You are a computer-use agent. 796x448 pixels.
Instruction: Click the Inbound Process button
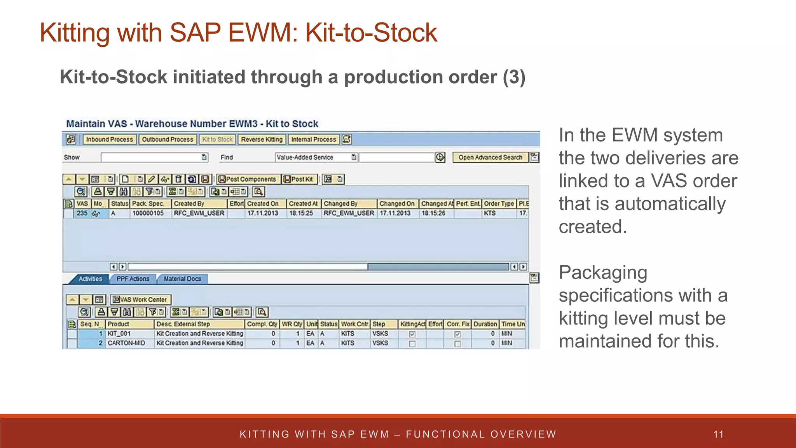coord(109,140)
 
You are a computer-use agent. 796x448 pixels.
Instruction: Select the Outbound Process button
coord(167,140)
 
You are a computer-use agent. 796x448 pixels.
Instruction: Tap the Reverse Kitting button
coord(262,140)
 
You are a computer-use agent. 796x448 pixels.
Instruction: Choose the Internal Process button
coord(313,140)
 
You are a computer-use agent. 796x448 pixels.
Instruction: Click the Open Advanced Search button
coord(490,157)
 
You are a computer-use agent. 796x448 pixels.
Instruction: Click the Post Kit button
coord(299,179)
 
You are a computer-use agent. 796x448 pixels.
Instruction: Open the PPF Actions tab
coord(133,279)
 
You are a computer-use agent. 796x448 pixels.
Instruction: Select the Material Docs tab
coord(182,279)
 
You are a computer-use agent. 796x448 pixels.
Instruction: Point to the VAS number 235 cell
coord(82,213)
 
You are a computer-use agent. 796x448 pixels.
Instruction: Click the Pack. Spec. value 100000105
coord(148,213)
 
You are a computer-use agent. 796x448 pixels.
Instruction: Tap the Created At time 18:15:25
coord(301,213)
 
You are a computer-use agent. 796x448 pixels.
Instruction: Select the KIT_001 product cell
coord(119,334)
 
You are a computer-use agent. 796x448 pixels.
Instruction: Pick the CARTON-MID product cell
coord(126,343)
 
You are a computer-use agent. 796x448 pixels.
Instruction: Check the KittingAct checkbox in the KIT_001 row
coord(412,334)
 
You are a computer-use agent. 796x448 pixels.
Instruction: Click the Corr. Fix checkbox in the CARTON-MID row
coord(457,344)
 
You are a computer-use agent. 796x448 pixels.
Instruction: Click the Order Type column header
coord(499,204)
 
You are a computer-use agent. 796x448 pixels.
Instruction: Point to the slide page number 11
coord(719,434)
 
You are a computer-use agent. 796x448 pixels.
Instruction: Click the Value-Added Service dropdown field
coord(316,157)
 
